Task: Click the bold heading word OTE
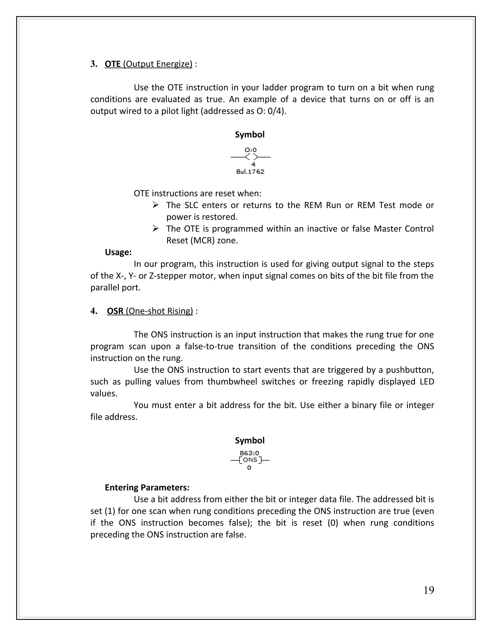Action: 112,64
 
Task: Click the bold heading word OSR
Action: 115,311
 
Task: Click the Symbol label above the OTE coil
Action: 250,135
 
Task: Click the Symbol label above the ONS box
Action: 250,440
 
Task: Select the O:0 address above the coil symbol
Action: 250,150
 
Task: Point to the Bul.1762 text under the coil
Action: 250,172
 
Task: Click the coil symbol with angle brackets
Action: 251,157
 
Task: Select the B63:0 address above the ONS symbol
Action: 249,453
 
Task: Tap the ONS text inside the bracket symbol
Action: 250,460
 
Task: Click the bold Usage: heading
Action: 118,252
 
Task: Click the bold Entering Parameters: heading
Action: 147,487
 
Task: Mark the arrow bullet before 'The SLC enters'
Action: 155,205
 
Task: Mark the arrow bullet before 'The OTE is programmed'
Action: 155,228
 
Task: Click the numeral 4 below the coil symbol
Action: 253,165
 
